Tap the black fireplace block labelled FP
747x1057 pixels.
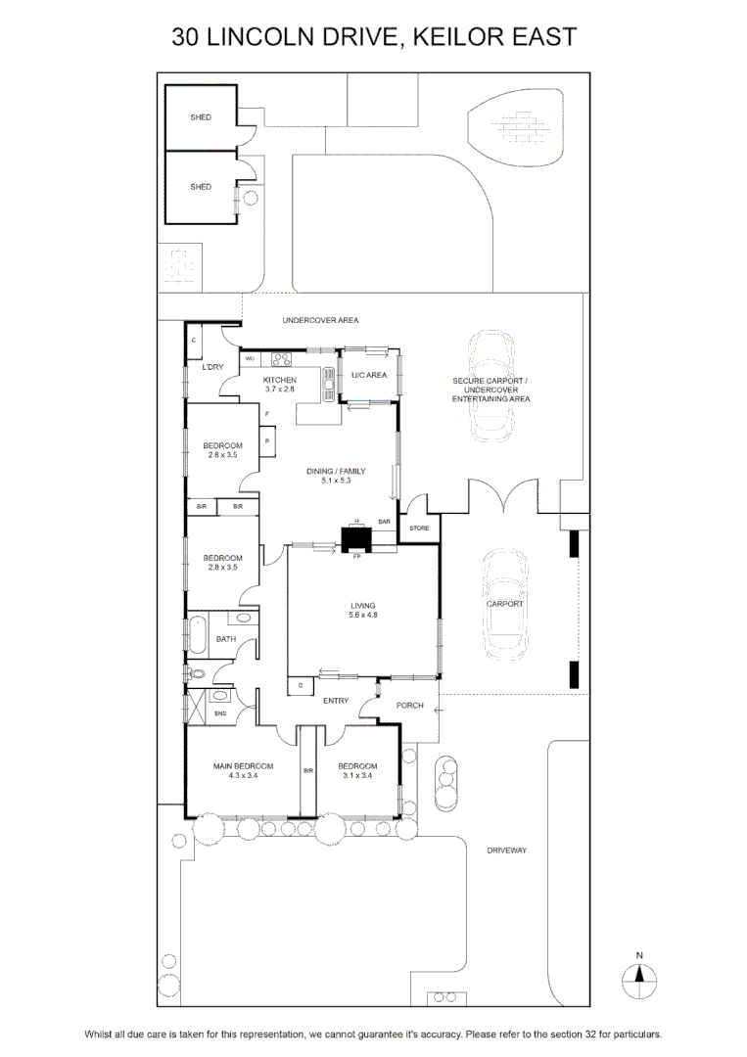tap(356, 538)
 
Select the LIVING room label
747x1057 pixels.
tap(362, 606)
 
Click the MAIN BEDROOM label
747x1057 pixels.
tap(244, 765)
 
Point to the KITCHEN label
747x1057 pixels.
tap(280, 380)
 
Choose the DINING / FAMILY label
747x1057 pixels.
tap(336, 471)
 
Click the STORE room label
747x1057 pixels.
tap(419, 528)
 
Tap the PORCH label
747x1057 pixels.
tap(410, 705)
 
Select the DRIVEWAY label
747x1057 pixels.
tap(507, 850)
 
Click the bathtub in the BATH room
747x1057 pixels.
tap(198, 633)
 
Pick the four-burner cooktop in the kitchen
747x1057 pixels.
tap(280, 359)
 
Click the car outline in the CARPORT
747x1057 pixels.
tap(505, 605)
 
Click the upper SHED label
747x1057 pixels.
tap(201, 117)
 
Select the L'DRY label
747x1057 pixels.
tap(213, 367)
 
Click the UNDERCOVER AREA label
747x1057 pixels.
tap(320, 320)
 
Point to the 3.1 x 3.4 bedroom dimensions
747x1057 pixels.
tap(357, 775)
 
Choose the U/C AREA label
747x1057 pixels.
tap(369, 375)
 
